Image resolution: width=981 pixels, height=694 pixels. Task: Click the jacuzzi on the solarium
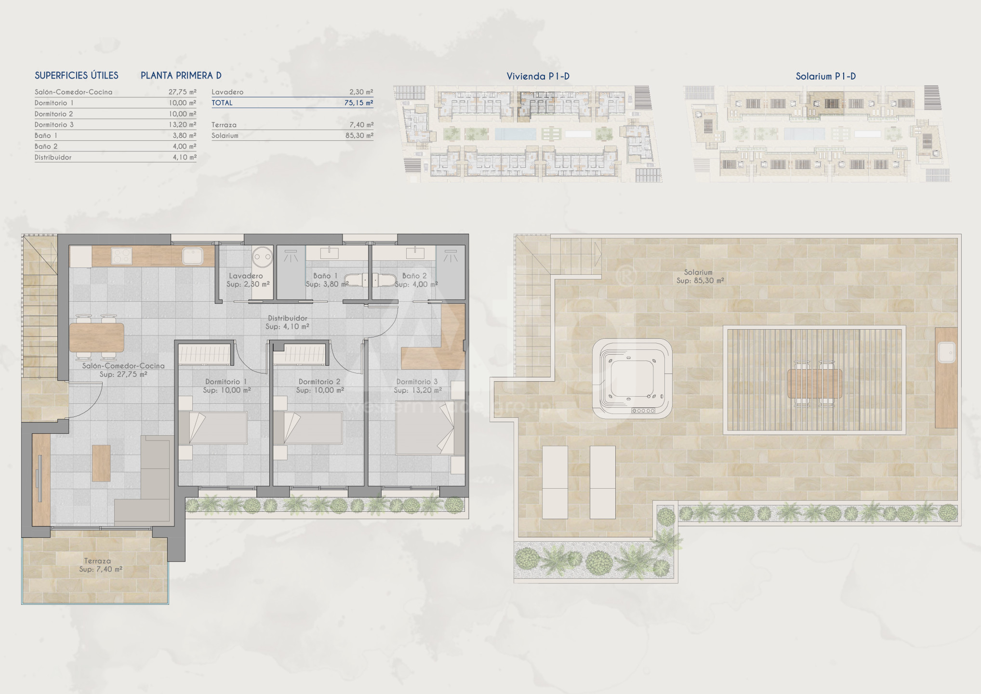tap(632, 378)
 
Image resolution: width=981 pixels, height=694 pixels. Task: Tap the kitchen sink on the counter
tap(193, 256)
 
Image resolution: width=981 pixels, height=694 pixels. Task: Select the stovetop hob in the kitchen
tap(121, 256)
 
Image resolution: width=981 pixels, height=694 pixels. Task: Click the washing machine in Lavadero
tap(262, 257)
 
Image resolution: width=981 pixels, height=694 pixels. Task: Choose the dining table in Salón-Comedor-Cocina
tap(97, 337)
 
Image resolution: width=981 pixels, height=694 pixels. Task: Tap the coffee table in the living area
tap(101, 463)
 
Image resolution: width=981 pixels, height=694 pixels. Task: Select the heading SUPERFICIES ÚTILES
tap(77, 75)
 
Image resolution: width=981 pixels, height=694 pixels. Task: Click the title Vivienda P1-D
tap(538, 76)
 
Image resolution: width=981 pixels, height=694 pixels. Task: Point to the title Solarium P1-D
tap(826, 76)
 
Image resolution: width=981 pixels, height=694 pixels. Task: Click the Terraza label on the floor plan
tap(97, 561)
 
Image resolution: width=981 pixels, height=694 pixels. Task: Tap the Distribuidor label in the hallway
tap(288, 318)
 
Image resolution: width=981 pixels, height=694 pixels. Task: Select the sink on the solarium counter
tap(946, 352)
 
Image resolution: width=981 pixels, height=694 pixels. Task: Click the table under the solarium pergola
tap(814, 384)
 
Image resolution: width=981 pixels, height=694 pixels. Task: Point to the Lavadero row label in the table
tap(227, 92)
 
